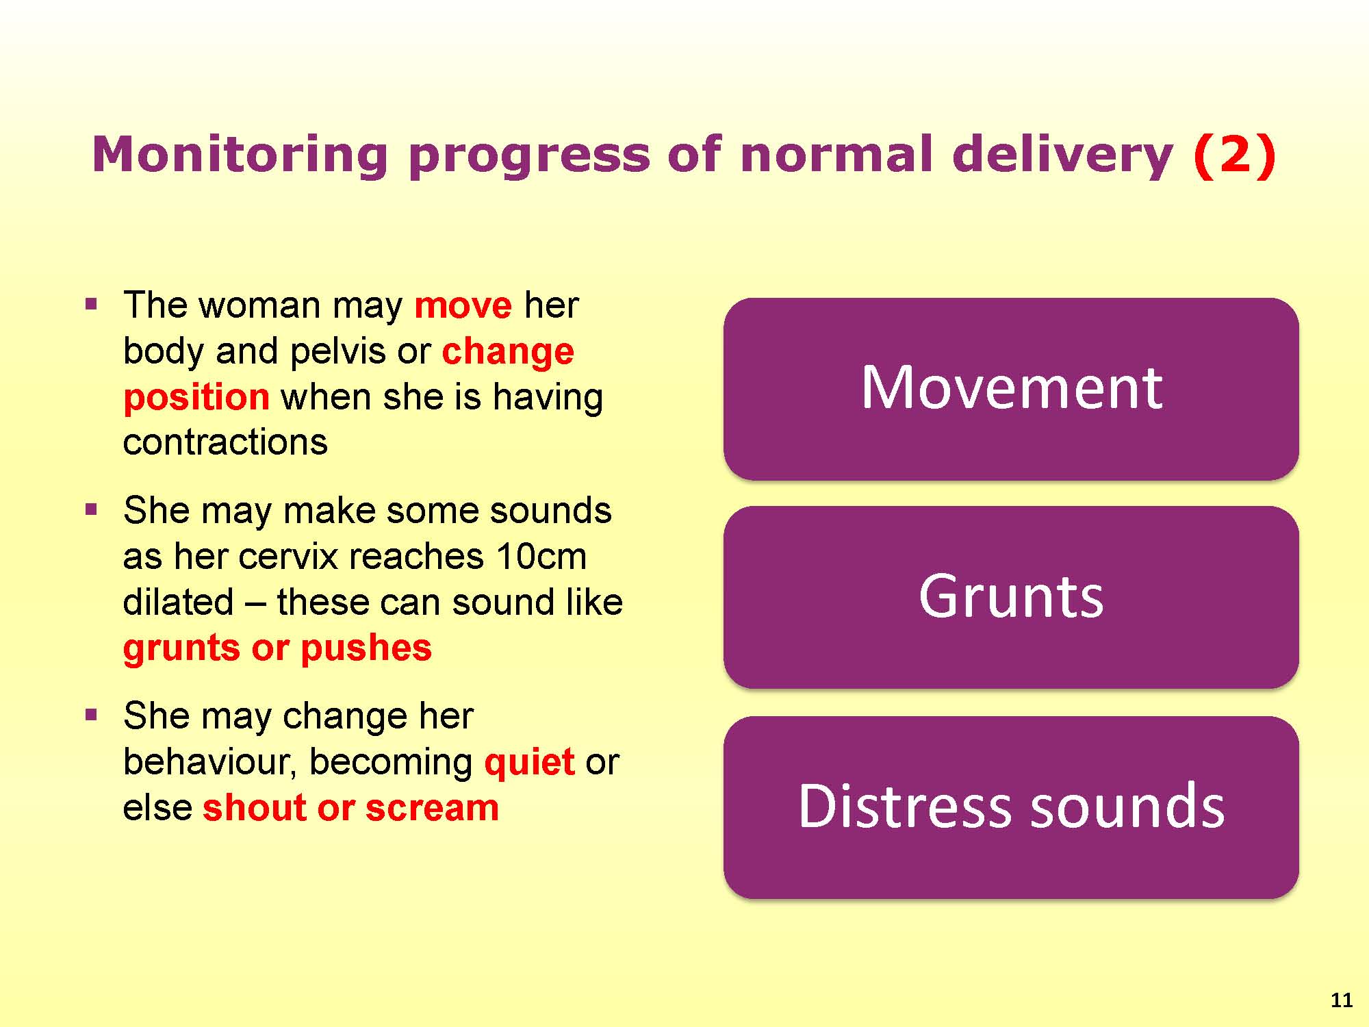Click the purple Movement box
pyautogui.click(x=1011, y=389)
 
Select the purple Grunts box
pyautogui.click(x=1011, y=597)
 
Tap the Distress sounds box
pyautogui.click(x=1011, y=807)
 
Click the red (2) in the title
pyautogui.click(x=1235, y=155)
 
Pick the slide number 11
pyautogui.click(x=1342, y=1000)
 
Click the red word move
pyautogui.click(x=463, y=305)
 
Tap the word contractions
pyautogui.click(x=225, y=442)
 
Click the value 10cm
pyautogui.click(x=541, y=556)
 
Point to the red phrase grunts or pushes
pyautogui.click(x=277, y=648)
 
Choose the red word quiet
pyautogui.click(x=529, y=763)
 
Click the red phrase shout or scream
pyautogui.click(x=350, y=808)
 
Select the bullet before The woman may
pyautogui.click(x=92, y=304)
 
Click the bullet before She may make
pyautogui.click(x=92, y=509)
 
